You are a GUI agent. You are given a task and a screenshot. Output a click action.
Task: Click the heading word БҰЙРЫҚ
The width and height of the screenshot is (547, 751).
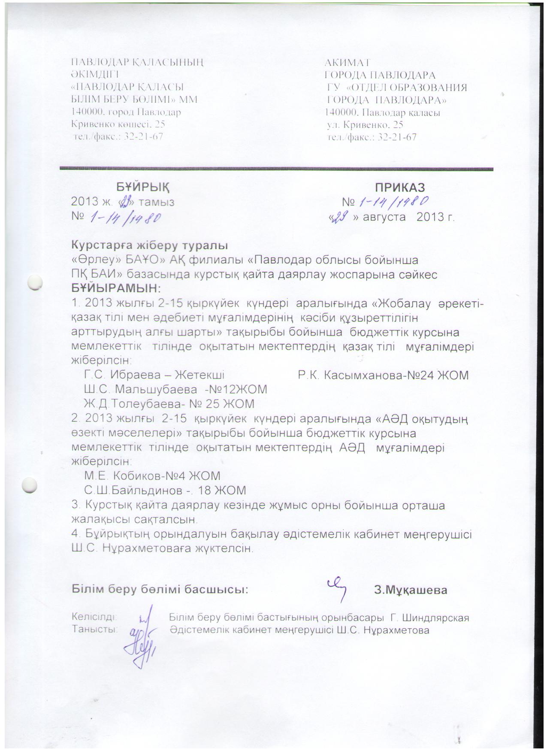143,187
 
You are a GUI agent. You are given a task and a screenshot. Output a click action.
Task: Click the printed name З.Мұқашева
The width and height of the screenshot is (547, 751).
411,590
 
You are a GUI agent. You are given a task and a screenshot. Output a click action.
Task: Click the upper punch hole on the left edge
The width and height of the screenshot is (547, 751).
34,283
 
